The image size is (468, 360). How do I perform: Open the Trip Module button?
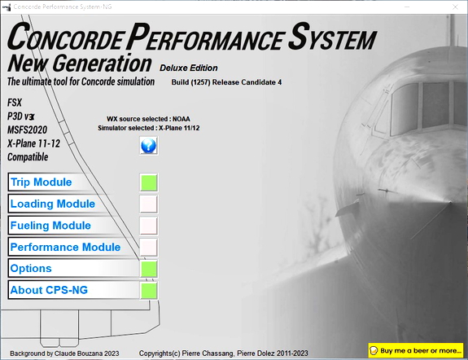pyautogui.click(x=72, y=182)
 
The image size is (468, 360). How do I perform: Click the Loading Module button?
pyautogui.click(x=72, y=204)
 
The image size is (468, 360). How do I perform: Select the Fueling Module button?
pyautogui.click(x=72, y=226)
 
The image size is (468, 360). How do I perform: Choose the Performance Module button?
pyautogui.click(x=72, y=247)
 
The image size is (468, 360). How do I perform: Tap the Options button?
pyautogui.click(x=72, y=268)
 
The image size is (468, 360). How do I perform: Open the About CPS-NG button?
pyautogui.click(x=72, y=289)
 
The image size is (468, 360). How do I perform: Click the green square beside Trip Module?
pyautogui.click(x=149, y=182)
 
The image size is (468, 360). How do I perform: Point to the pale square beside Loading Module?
pyautogui.click(x=149, y=204)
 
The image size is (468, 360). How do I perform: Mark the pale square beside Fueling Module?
pyautogui.click(x=149, y=226)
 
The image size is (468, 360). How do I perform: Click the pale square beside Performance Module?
pyautogui.click(x=149, y=247)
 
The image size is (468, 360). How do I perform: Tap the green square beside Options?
pyautogui.click(x=149, y=268)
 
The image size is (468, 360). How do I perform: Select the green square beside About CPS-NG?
pyautogui.click(x=149, y=289)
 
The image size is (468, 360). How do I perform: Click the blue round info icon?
pyautogui.click(x=149, y=146)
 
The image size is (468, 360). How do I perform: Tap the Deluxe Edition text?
pyautogui.click(x=188, y=68)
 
